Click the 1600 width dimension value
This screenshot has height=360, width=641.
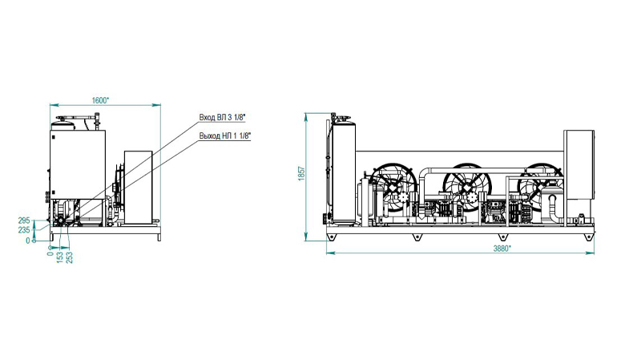point(101,101)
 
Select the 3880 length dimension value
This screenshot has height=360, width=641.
point(502,249)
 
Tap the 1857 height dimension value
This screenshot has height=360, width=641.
point(302,174)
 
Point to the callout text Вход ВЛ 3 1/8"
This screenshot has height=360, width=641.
point(222,117)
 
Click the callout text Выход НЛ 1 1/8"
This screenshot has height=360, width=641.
point(225,136)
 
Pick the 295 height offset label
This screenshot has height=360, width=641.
point(24,220)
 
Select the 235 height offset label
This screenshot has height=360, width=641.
point(24,230)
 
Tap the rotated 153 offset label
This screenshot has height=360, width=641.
point(60,257)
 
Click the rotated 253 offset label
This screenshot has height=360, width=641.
point(70,257)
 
